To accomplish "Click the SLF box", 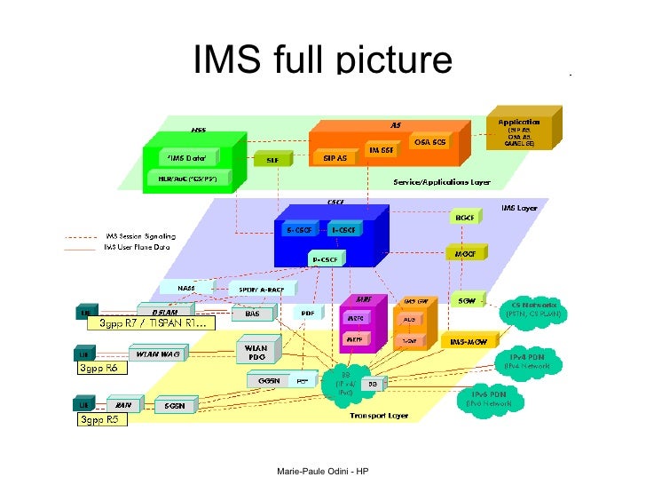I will [272, 160].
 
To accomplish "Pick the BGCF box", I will [465, 218].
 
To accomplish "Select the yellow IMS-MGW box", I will [469, 342].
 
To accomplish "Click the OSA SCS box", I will [430, 141].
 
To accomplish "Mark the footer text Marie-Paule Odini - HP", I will [322, 470].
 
